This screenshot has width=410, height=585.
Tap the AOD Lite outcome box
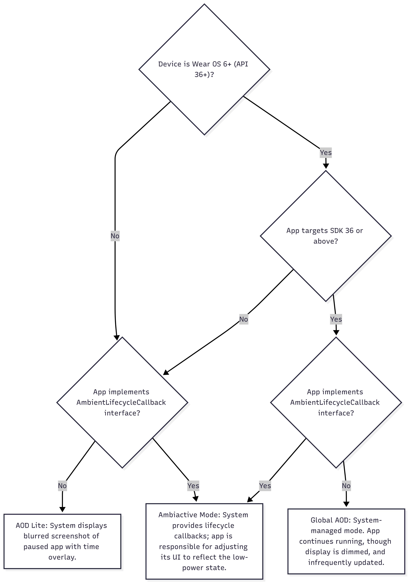click(x=62, y=541)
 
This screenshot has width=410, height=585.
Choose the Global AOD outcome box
click(x=346, y=541)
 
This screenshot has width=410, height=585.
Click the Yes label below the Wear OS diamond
click(x=326, y=153)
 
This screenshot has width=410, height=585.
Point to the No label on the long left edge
click(x=115, y=236)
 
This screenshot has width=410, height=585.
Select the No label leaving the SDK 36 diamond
click(x=244, y=319)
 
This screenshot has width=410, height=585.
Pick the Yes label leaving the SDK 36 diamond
click(x=336, y=319)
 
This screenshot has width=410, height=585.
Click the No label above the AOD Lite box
click(x=62, y=486)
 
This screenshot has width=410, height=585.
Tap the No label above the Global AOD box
click(x=346, y=486)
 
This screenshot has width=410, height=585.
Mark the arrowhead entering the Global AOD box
click(x=346, y=504)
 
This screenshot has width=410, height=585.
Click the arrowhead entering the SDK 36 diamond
click(x=326, y=166)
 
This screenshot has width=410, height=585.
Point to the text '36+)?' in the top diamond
click(x=204, y=75)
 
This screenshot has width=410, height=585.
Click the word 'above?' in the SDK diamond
click(x=326, y=241)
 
